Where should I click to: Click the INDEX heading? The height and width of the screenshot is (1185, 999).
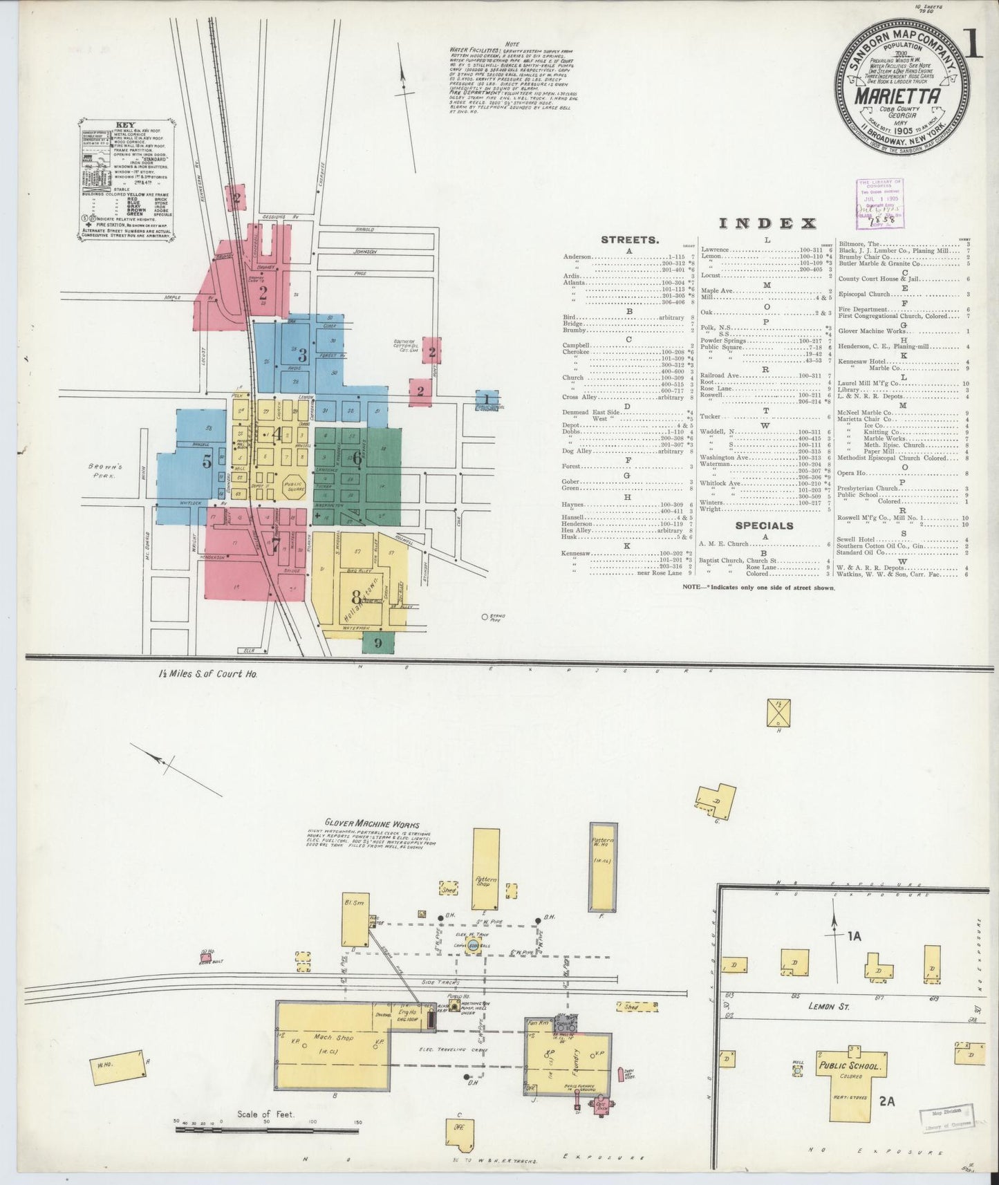(x=767, y=223)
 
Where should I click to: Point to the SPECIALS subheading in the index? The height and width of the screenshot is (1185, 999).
(x=764, y=525)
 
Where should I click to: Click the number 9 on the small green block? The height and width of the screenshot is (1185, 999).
(x=378, y=642)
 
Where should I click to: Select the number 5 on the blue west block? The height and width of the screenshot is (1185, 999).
(x=207, y=461)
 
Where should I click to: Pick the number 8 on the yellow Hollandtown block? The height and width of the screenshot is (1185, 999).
(x=357, y=596)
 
